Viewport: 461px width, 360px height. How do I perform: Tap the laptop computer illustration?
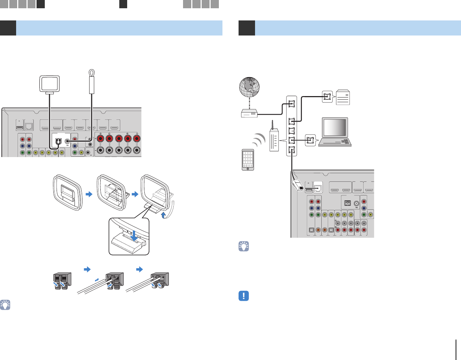click(x=335, y=132)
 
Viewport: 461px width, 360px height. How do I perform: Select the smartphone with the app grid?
click(x=248, y=160)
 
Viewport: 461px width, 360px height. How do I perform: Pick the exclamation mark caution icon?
click(x=244, y=296)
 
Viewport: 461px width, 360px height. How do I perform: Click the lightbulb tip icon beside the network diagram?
click(x=244, y=246)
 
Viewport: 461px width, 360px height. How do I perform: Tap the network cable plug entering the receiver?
click(x=298, y=184)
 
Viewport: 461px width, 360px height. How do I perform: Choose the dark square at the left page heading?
click(x=8, y=28)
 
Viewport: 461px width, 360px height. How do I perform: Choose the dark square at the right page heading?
click(x=247, y=28)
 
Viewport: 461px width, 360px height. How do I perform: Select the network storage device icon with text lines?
click(x=343, y=97)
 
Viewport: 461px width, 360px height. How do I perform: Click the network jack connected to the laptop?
click(x=310, y=140)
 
